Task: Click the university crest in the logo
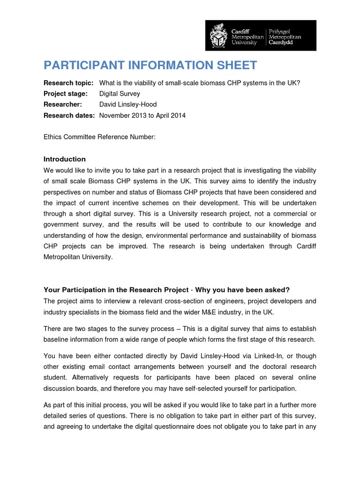[x=219, y=36]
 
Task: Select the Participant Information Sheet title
[x=150, y=65]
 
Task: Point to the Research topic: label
[x=68, y=83]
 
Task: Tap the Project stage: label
[x=66, y=94]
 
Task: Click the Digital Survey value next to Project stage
[x=120, y=94]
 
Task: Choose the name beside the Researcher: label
[x=128, y=105]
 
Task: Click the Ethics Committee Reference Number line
[x=99, y=137]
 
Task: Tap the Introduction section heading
[x=65, y=159]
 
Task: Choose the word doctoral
[x=255, y=367]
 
